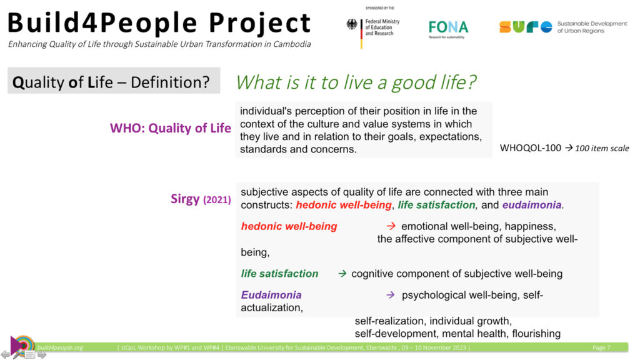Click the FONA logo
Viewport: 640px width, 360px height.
(448, 29)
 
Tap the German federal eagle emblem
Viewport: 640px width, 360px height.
(352, 24)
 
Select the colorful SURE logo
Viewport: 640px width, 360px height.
(526, 27)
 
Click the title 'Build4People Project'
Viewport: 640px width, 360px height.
(159, 22)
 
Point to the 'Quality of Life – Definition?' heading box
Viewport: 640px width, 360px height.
(114, 81)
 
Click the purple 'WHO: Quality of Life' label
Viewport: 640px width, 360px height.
(170, 128)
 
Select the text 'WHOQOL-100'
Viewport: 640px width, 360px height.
(530, 148)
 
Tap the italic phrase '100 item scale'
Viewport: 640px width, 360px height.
(602, 148)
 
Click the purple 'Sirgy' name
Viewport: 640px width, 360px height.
(185, 199)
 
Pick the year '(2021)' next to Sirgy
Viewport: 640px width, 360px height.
(217, 199)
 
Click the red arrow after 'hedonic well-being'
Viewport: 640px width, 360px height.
(391, 226)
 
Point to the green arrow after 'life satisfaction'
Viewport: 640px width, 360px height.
(342, 274)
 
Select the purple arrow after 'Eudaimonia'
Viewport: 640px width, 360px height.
(391, 295)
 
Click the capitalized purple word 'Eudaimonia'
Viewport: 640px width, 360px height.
(271, 295)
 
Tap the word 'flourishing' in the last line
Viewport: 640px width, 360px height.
(536, 334)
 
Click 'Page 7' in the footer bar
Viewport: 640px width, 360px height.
(601, 347)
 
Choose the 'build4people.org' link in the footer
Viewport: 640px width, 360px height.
(60, 347)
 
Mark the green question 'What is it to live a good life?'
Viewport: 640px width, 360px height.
(356, 82)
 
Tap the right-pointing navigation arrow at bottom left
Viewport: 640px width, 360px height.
(42, 355)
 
